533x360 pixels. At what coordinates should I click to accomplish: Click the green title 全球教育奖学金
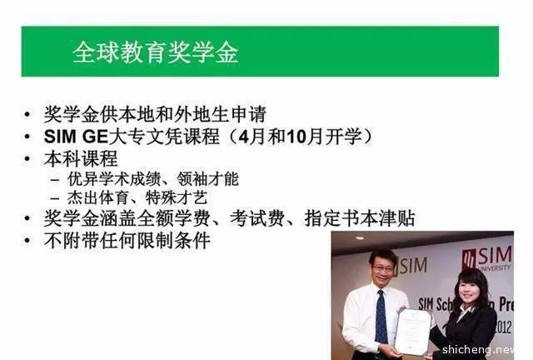coord(156,52)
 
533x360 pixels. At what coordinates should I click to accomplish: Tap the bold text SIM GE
coord(76,137)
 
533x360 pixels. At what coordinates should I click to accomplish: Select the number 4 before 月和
coord(244,137)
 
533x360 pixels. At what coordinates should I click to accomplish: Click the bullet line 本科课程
coord(81,158)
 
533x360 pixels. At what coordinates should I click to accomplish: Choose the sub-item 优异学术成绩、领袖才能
coord(153,179)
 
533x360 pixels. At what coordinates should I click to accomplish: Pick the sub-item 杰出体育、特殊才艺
coord(137,198)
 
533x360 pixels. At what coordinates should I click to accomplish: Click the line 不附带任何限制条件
coord(127,241)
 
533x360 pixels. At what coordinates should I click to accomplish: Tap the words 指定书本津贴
coord(360,218)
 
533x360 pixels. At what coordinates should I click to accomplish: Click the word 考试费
coord(257,218)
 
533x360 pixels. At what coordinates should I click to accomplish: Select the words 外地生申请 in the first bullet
coord(220,114)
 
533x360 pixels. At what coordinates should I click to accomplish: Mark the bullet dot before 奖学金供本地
coord(27,115)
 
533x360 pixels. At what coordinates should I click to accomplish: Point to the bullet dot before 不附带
coord(27,241)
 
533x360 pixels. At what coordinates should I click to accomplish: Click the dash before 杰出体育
coord(54,198)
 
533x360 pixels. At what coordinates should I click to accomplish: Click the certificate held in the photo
coord(412,331)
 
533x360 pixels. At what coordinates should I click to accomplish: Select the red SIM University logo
coord(486,258)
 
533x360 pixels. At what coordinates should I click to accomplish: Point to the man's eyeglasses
coord(382,267)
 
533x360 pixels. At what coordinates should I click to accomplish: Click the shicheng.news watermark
coord(479,349)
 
